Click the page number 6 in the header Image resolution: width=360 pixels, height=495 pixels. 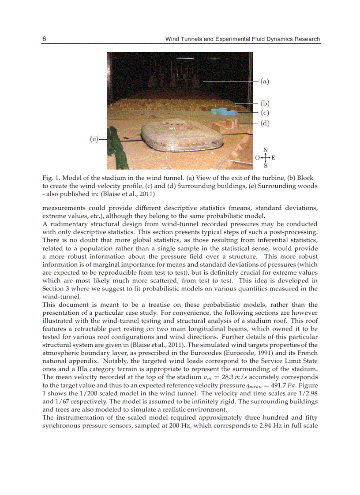pos(44,39)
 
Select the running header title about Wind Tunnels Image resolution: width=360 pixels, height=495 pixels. pos(242,39)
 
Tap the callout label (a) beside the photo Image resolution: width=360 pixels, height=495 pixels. pos(264,81)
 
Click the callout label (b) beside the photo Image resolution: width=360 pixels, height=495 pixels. pos(264,104)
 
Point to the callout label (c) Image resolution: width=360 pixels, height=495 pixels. pos(264,113)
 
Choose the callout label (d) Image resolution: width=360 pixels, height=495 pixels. pos(264,123)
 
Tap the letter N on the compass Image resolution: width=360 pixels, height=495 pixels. pos(265,150)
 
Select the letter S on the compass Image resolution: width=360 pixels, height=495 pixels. pos(265,166)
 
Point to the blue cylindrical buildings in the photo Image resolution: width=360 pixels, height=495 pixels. pos(224,112)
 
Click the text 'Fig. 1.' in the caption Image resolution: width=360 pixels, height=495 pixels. pos(51,178)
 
